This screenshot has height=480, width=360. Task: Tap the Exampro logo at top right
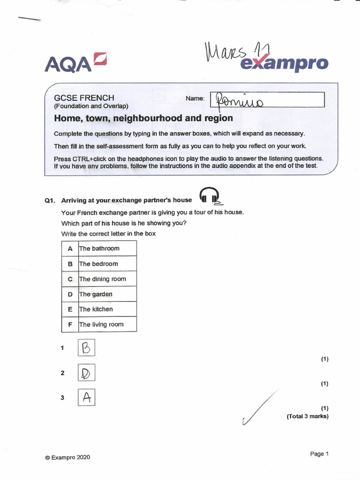284,63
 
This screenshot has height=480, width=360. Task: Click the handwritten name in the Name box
239,100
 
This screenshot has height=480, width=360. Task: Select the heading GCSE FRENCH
84,98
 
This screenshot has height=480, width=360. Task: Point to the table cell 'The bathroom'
107,248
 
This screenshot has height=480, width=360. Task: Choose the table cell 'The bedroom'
107,264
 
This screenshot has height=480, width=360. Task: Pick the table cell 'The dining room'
107,279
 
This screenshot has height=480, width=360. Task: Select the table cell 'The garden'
107,294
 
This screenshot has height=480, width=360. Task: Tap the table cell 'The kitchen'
107,309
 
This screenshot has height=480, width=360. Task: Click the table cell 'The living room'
107,324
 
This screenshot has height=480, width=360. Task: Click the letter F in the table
70,324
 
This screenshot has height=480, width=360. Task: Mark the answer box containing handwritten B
86,348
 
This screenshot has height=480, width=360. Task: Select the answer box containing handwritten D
86,373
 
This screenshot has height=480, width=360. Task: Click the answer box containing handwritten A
86,398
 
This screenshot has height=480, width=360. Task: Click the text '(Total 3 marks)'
307,416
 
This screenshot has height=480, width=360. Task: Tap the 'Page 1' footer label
319,454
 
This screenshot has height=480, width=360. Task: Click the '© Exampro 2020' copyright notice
67,457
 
